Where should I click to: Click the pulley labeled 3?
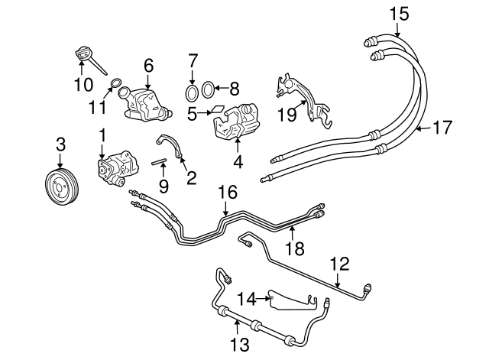[x=61, y=186]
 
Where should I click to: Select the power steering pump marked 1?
[x=118, y=167]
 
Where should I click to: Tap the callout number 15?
[x=399, y=15]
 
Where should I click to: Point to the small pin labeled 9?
[x=159, y=161]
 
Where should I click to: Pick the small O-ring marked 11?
[x=116, y=83]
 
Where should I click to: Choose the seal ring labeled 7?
[x=192, y=92]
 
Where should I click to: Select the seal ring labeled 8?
[x=208, y=90]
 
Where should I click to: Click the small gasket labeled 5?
[x=218, y=109]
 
